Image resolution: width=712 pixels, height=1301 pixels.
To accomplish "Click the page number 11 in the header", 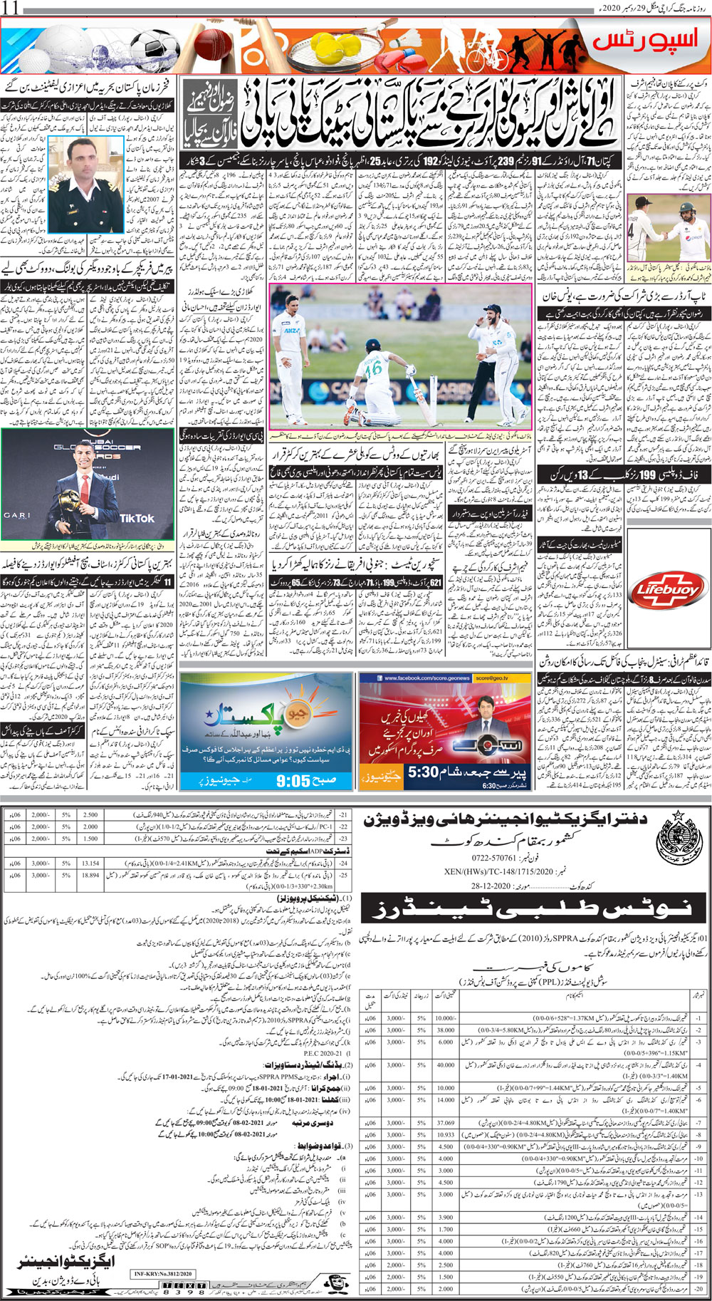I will [x=13, y=8].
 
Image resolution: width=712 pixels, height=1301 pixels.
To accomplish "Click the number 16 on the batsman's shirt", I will [x=370, y=370].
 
